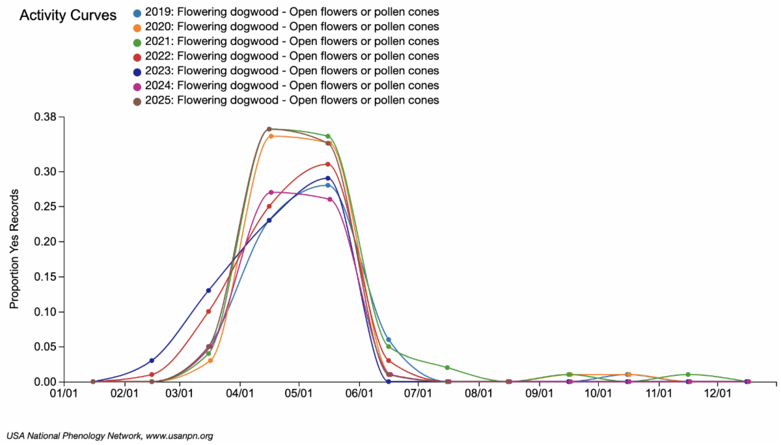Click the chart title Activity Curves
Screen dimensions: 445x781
(68, 15)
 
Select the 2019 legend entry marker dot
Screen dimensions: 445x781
(137, 12)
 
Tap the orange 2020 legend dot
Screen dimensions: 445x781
(137, 27)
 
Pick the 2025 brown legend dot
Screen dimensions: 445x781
(137, 100)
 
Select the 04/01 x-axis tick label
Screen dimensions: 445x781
(240, 394)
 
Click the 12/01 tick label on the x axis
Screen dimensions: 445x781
(717, 394)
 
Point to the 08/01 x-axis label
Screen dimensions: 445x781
(478, 394)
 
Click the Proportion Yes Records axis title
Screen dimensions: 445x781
(14, 249)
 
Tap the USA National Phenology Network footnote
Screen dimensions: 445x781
(109, 435)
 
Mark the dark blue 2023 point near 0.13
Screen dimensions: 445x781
(208, 291)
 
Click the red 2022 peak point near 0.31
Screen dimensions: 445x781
(328, 164)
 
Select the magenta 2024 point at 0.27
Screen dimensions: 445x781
(271, 192)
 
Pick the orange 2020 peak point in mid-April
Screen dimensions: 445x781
(271, 136)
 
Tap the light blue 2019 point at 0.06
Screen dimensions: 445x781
(389, 339)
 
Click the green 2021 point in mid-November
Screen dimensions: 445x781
(688, 375)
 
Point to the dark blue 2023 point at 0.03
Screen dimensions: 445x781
(152, 360)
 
